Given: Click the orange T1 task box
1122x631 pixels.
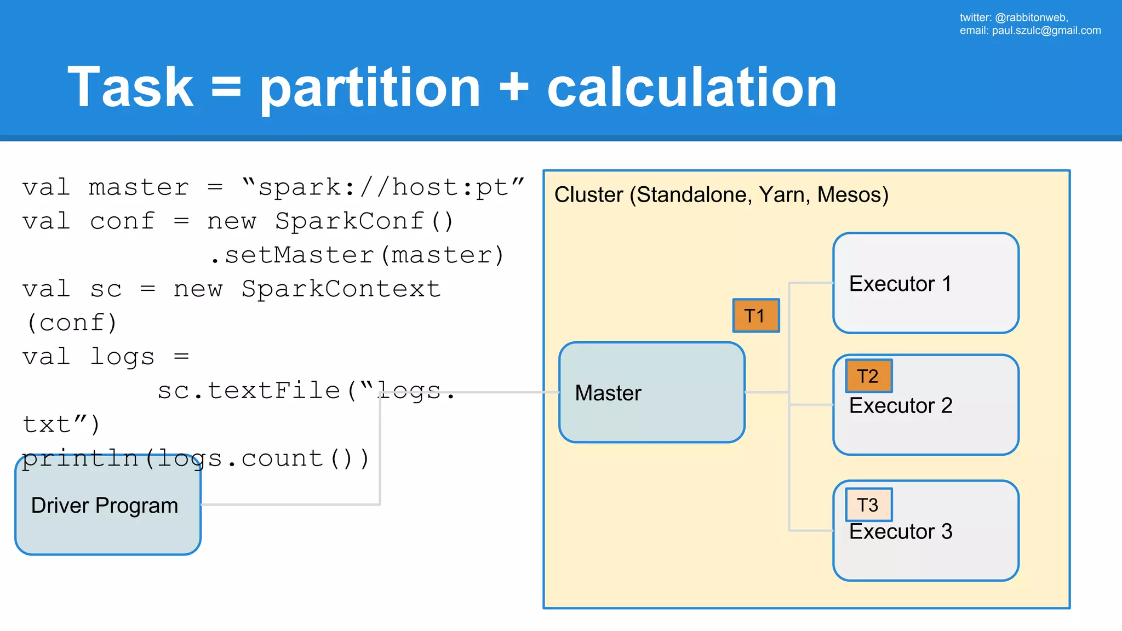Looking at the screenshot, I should (756, 316).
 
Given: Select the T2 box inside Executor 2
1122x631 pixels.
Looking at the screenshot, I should (869, 376).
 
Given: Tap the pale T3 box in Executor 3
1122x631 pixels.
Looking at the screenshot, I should (869, 504).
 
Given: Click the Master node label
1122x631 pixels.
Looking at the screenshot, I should (608, 393).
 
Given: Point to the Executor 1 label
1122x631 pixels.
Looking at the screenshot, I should (900, 284).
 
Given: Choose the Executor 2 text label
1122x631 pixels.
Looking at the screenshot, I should (901, 406).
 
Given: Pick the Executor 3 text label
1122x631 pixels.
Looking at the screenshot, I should (901, 532).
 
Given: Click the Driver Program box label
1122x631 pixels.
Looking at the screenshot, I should (105, 506).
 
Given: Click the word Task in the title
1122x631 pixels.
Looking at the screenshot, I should (130, 87).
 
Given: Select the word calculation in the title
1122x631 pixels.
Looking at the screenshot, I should (692, 87).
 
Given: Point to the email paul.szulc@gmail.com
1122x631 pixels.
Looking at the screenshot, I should (1046, 31).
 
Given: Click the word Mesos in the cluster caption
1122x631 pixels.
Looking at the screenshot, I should (852, 195).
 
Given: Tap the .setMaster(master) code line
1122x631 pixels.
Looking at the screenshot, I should (357, 255).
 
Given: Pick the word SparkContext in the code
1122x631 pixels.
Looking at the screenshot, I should (341, 289).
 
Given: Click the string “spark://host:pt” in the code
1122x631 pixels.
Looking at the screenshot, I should (383, 187).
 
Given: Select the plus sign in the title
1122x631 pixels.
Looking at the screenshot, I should (514, 88).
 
